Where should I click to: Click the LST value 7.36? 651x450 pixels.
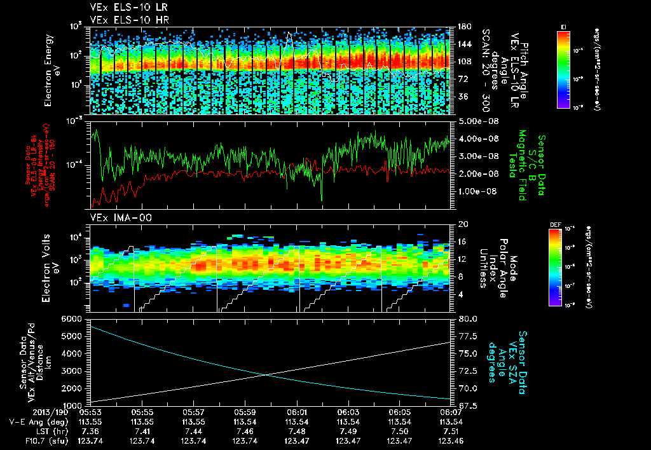[90, 430]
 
